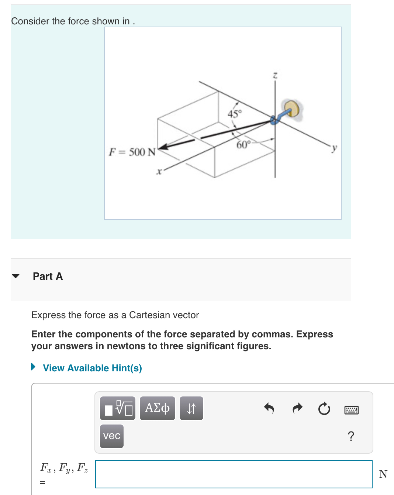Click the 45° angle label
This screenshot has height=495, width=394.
click(235, 113)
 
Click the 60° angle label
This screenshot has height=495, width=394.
click(243, 144)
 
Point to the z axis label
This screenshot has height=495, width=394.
click(275, 75)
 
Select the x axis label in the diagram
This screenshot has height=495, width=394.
click(159, 171)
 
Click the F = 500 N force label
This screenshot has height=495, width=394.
click(132, 152)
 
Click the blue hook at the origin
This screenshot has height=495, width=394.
click(275, 119)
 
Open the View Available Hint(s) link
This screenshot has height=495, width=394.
click(92, 368)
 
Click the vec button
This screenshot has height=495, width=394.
click(112, 436)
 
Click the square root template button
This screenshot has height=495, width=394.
click(118, 408)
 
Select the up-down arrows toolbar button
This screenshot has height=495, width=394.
click(191, 408)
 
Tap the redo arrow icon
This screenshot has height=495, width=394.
click(297, 408)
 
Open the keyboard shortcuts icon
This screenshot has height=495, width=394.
click(351, 410)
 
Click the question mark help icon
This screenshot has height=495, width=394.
click(351, 436)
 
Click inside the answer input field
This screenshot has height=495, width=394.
click(234, 474)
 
